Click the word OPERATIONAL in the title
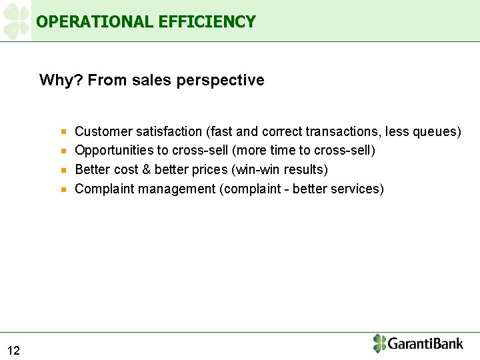coord(95,22)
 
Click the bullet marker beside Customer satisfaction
coord(63,132)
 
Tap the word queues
coord(437,132)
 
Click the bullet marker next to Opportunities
coord(63,151)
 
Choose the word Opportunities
coord(114,151)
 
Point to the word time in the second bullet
coord(280,151)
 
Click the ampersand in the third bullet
coord(147,170)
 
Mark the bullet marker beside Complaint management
coord(63,189)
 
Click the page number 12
coord(14,351)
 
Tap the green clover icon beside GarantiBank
coord(379,343)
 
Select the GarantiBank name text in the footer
coord(425,344)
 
